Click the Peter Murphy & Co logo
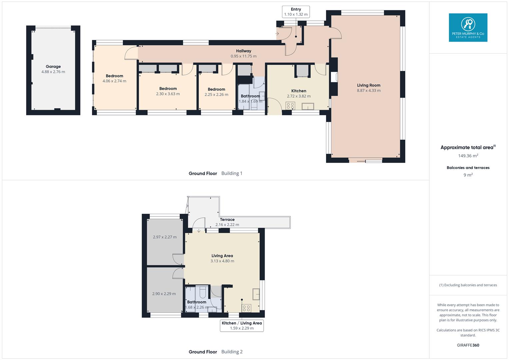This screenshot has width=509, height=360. coord(468,27)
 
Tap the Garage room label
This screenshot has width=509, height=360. coord(53,66)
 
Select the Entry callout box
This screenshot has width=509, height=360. coord(296,12)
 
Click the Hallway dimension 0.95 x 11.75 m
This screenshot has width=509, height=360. coord(244,56)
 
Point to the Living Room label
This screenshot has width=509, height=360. coord(369,85)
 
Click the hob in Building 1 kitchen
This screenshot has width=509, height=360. coord(290,106)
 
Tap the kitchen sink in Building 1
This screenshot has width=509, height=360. coord(308,106)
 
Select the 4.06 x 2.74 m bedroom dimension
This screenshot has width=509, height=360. coord(114,81)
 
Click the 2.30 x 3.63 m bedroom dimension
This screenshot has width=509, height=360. coord(168,94)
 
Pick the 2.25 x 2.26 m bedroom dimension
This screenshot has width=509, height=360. coord(216,95)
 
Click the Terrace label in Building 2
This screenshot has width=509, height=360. coord(227,220)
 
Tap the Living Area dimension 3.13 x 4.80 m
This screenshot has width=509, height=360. coord(222,261)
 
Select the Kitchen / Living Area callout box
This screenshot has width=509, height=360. coord(242,325)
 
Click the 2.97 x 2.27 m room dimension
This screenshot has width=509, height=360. coord(165,237)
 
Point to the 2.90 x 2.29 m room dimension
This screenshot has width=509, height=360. coord(164,294)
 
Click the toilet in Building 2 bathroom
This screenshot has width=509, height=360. coord(202,292)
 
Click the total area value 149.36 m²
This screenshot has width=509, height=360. coord(468,156)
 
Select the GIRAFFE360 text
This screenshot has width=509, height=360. coord(468,345)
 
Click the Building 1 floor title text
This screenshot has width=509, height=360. coord(216,173)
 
